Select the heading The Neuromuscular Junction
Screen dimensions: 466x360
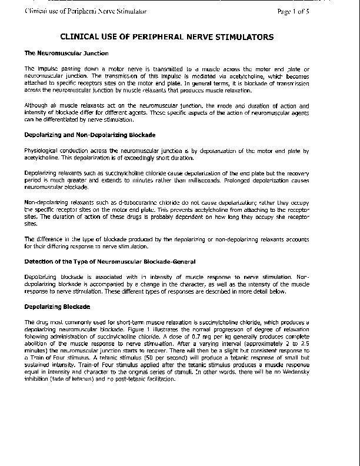point(58,54)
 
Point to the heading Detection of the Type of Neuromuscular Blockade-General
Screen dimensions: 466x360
point(109,261)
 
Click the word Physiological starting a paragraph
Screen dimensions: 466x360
point(44,152)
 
